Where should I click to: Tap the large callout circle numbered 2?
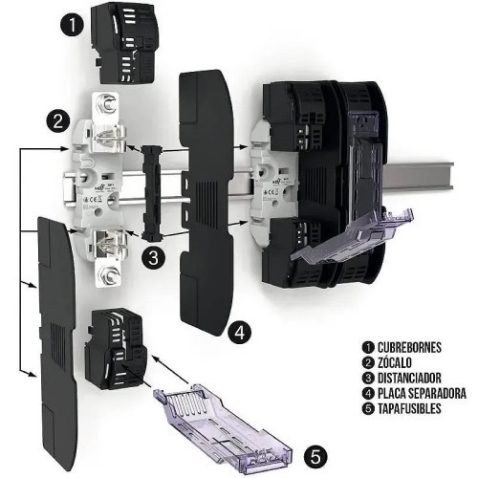click(59, 121)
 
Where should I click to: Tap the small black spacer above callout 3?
click(148, 191)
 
